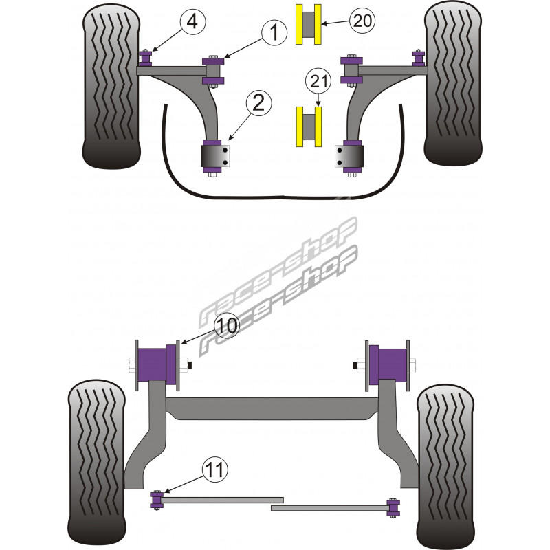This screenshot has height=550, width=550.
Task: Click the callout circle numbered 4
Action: click(x=192, y=22)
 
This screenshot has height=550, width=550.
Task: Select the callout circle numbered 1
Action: click(x=274, y=32)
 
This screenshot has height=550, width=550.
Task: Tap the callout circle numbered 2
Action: click(x=258, y=103)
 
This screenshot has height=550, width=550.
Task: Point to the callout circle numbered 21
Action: click(x=318, y=82)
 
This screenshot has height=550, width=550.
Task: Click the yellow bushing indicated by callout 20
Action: click(x=309, y=25)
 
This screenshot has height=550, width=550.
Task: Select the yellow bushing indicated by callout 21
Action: click(x=309, y=126)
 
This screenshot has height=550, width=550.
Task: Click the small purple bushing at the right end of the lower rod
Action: click(x=394, y=507)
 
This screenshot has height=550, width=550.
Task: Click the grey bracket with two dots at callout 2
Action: click(x=217, y=156)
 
